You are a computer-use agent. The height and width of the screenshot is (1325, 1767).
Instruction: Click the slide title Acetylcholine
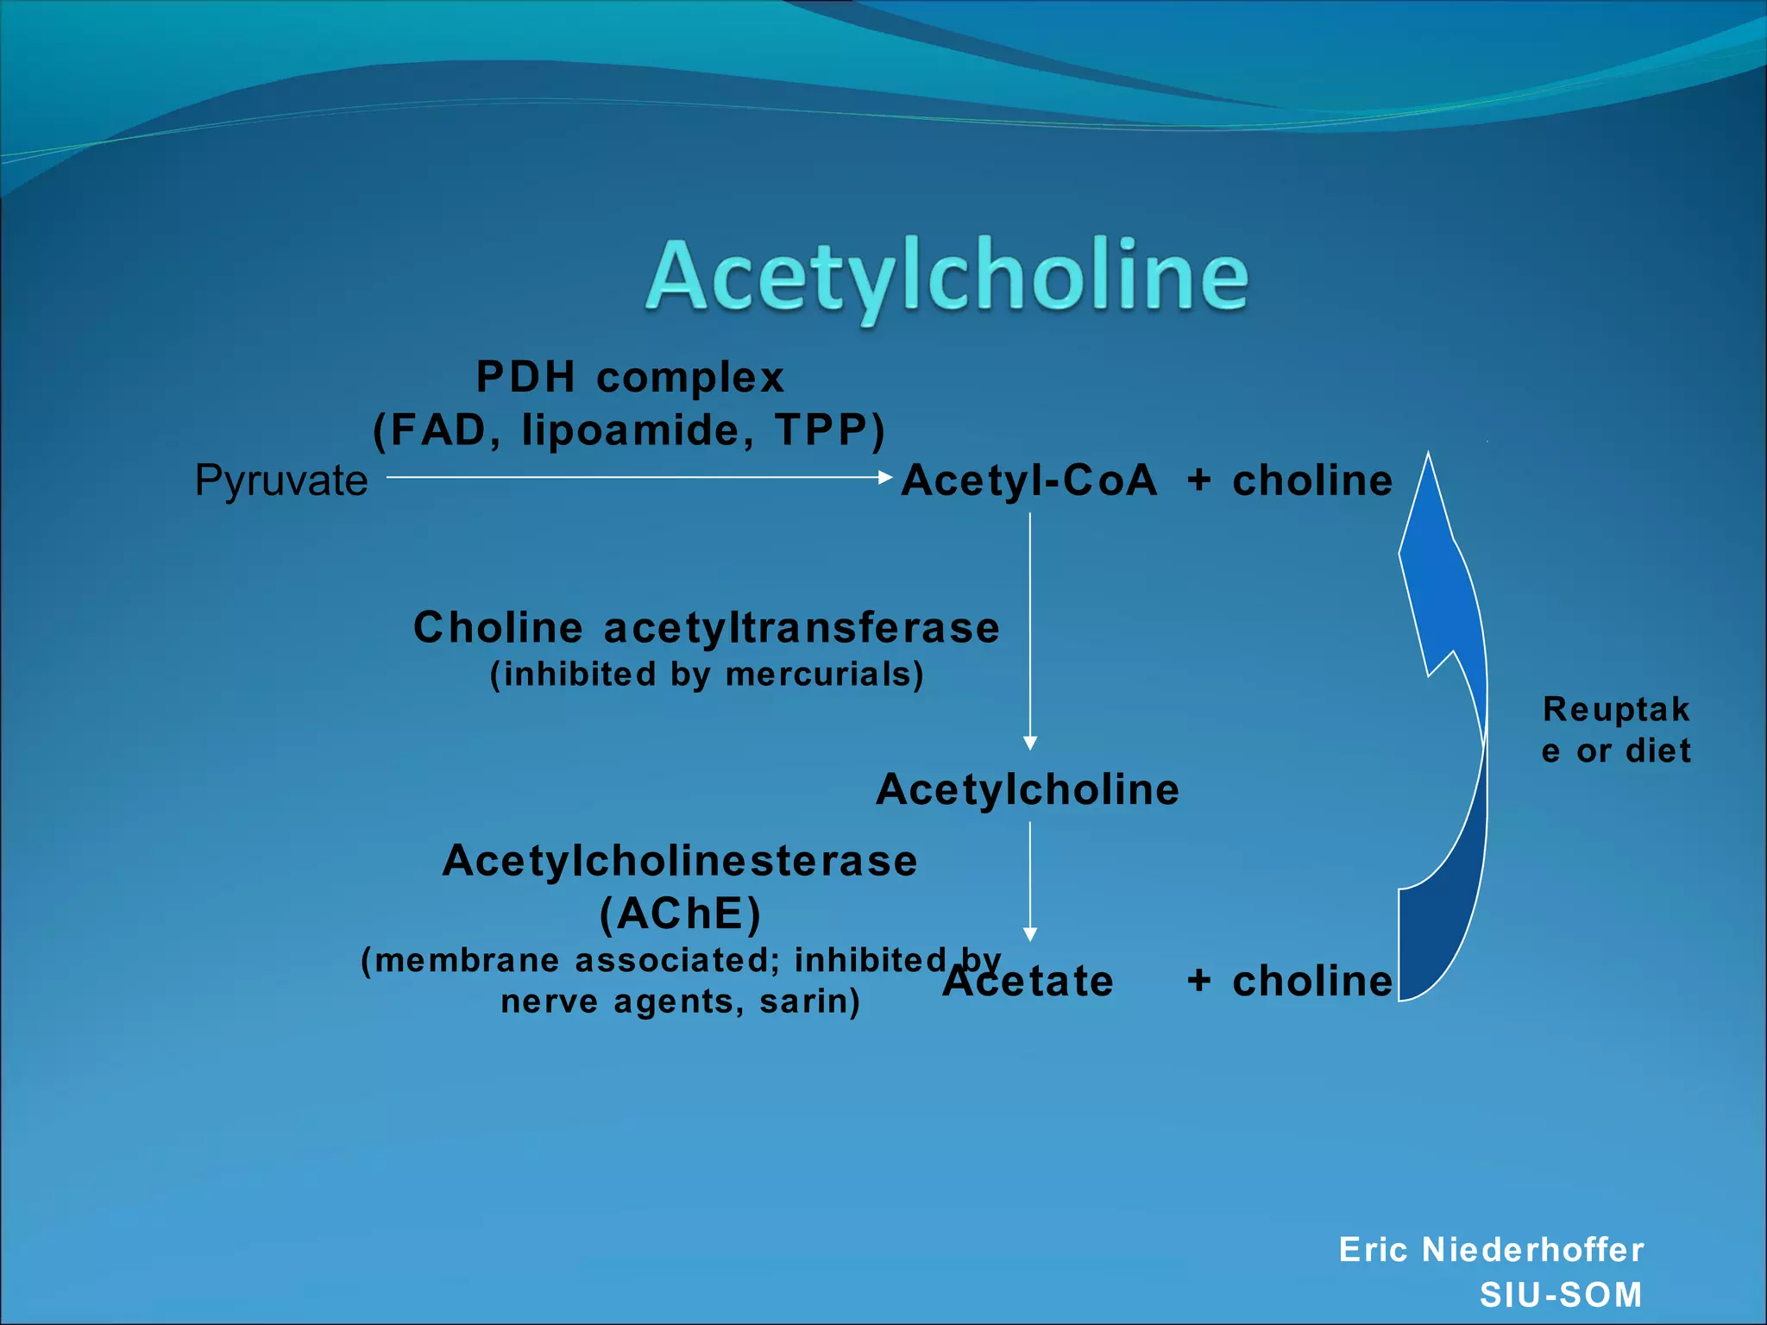(x=946, y=276)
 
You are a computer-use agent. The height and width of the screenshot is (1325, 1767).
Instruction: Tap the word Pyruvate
(x=281, y=480)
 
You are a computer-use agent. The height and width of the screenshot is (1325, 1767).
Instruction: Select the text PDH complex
(x=630, y=377)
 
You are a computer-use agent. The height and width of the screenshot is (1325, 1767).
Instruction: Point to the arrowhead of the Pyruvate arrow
(x=885, y=477)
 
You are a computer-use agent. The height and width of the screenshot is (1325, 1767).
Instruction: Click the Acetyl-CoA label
(x=1028, y=480)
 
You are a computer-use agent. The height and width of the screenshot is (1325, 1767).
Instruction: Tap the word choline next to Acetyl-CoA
(x=1311, y=480)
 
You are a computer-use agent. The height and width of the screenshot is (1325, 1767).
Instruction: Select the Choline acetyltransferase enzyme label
(x=706, y=627)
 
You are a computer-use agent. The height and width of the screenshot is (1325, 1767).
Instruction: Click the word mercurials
(x=823, y=675)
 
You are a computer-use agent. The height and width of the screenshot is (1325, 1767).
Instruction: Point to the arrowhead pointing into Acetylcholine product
(x=1029, y=744)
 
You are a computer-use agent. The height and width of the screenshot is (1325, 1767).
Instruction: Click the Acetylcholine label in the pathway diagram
(x=1028, y=789)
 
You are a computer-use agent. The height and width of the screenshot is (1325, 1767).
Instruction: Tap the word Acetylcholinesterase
(x=680, y=861)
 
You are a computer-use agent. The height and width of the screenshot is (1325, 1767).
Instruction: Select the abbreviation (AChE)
(x=680, y=914)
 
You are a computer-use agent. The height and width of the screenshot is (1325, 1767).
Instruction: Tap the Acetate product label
(x=1028, y=982)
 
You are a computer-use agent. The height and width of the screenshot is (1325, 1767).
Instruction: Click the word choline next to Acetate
(x=1311, y=982)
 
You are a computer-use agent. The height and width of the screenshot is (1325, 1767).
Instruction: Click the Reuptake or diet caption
(x=1615, y=730)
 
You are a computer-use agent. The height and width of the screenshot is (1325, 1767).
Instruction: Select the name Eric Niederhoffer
(x=1491, y=1250)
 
